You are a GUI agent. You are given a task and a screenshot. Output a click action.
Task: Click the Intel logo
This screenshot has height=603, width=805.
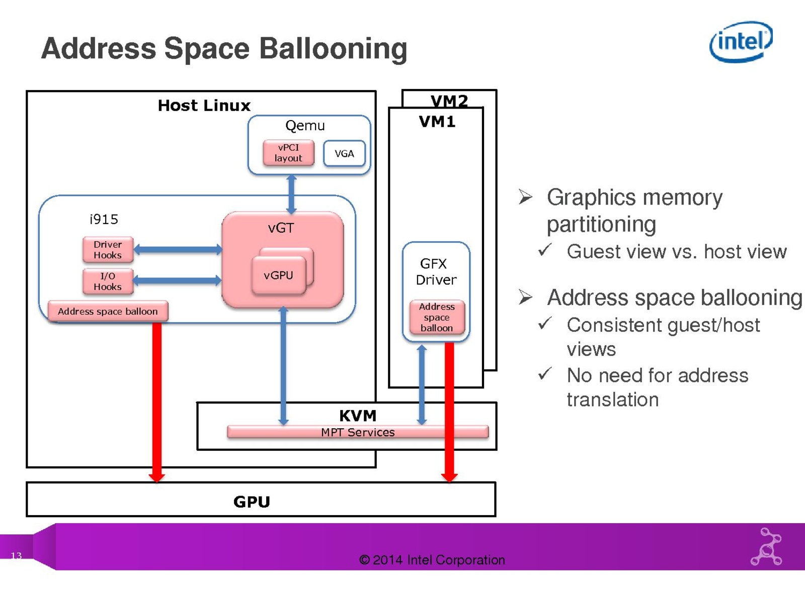click(741, 41)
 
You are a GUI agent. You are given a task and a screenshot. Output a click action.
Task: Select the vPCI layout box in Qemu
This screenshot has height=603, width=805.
click(288, 153)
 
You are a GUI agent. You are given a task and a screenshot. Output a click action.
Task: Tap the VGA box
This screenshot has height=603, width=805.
click(344, 153)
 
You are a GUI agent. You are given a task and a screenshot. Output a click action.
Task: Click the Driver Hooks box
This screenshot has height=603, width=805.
click(108, 250)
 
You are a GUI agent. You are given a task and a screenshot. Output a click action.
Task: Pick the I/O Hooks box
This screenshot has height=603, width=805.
click(108, 281)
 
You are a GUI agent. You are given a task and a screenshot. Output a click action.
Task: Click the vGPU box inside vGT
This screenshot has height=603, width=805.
click(278, 275)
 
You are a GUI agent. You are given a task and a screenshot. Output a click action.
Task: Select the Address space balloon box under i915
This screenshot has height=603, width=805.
click(108, 311)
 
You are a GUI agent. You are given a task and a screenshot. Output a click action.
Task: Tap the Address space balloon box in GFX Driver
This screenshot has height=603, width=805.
click(437, 317)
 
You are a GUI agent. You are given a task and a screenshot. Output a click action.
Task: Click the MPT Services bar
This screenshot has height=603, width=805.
click(358, 432)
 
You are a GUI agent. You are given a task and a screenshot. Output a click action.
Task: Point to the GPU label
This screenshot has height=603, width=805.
click(252, 501)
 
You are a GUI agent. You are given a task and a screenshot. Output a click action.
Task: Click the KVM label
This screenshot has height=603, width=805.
click(358, 416)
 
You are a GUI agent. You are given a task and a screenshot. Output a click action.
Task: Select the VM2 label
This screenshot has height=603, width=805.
click(449, 100)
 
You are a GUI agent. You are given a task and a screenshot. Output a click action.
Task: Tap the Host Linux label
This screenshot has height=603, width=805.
click(204, 106)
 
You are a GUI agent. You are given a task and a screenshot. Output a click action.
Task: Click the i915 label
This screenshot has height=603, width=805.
click(104, 219)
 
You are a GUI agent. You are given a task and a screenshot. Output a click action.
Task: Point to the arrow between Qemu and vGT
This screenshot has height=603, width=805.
click(291, 194)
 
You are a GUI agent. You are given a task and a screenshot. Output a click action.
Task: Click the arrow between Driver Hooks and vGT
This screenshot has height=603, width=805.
click(178, 249)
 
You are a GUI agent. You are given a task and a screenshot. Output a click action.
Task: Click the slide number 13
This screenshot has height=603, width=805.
click(16, 555)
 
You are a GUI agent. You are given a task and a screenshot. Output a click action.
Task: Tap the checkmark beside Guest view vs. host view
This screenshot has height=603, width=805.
click(545, 250)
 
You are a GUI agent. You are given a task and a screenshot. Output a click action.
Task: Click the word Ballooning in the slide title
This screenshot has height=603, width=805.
click(333, 49)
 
